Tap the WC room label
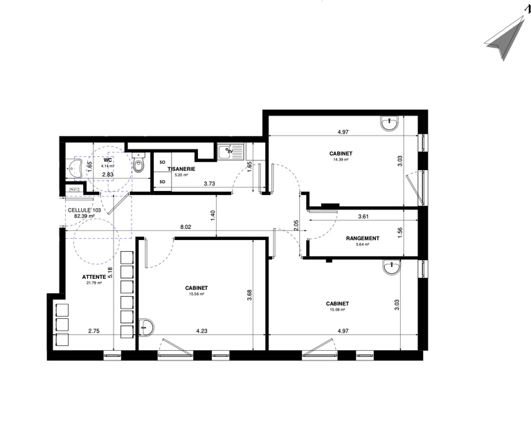pyautogui.click(x=108, y=160)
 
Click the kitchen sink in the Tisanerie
pyautogui.click(x=231, y=152)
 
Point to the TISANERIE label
pyautogui.click(x=181, y=169)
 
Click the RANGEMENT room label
pyautogui.click(x=362, y=238)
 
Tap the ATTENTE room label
pyautogui.click(x=92, y=277)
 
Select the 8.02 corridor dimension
pyautogui.click(x=186, y=227)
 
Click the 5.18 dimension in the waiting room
pyautogui.click(x=109, y=273)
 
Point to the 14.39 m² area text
pyautogui.click(x=341, y=160)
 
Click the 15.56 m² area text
pyautogui.click(x=197, y=294)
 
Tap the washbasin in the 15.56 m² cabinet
pyautogui.click(x=146, y=327)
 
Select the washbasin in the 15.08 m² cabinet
pyautogui.click(x=392, y=266)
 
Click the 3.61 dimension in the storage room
pyautogui.click(x=363, y=217)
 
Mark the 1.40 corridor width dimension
pyautogui.click(x=213, y=216)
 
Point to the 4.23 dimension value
pyautogui.click(x=201, y=331)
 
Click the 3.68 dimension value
pyautogui.click(x=250, y=295)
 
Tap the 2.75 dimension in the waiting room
pyautogui.click(x=93, y=331)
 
